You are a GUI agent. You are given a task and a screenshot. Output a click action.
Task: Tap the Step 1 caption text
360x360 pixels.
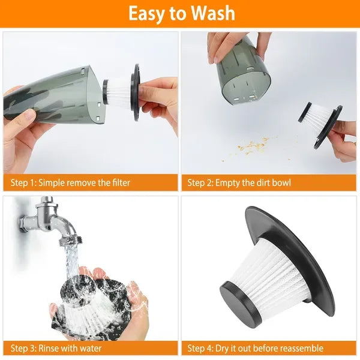[70, 182]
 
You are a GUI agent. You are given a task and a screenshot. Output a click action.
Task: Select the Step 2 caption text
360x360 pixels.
[239, 182]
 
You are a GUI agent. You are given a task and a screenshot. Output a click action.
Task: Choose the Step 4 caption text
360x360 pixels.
[255, 348]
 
